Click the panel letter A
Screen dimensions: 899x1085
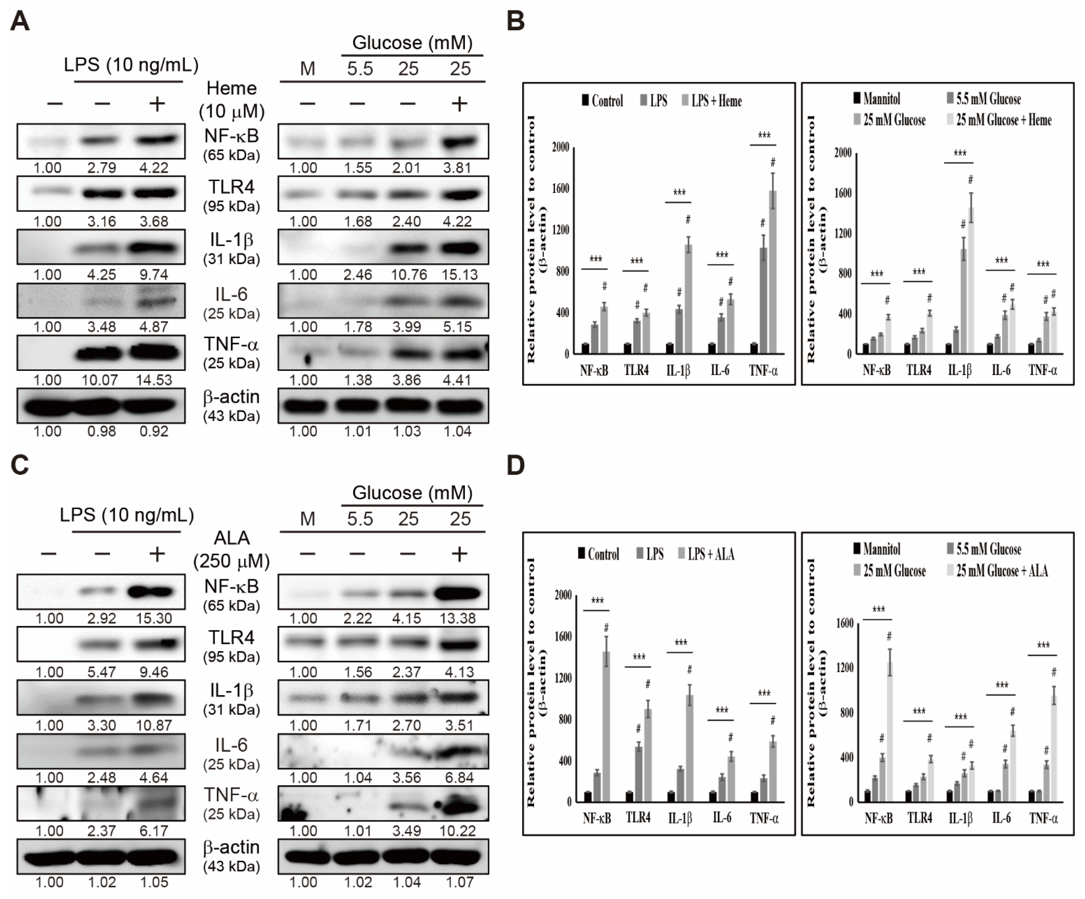coord(20,22)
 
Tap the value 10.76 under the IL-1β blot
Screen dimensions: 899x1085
coord(408,275)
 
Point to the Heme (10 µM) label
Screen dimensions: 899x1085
coord(231,100)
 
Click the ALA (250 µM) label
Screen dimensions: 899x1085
coord(231,549)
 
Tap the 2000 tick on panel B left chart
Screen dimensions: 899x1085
coord(560,147)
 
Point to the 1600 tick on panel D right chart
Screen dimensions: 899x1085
coord(845,623)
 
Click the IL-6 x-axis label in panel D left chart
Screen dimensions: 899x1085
coord(722,818)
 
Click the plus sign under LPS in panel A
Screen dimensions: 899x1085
coord(157,104)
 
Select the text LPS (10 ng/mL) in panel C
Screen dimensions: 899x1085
coord(127,515)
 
